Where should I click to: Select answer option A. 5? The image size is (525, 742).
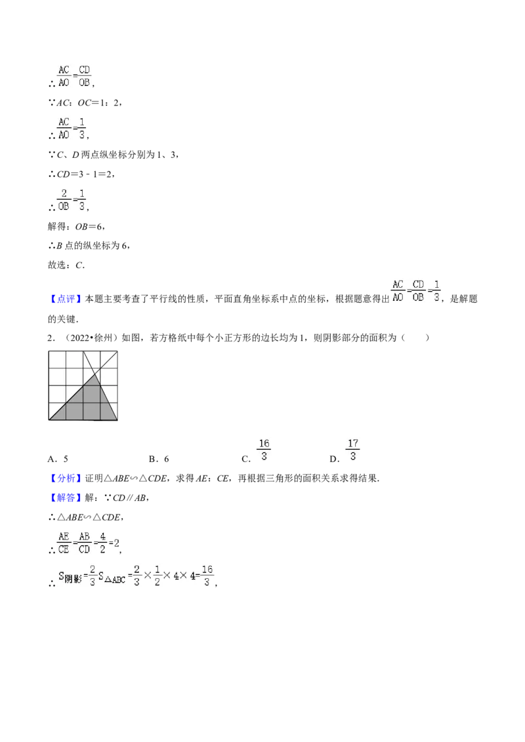pyautogui.click(x=58, y=459)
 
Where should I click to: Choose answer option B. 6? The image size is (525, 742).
pyautogui.click(x=159, y=459)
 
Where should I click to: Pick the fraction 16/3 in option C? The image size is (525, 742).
pyautogui.click(x=264, y=450)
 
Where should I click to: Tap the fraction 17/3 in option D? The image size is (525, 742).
pyautogui.click(x=352, y=450)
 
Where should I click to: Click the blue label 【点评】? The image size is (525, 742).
pyautogui.click(x=66, y=299)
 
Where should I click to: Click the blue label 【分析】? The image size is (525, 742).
pyautogui.click(x=66, y=478)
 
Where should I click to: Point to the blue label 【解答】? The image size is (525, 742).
pyautogui.click(x=66, y=498)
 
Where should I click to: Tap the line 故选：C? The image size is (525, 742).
pyautogui.click(x=66, y=265)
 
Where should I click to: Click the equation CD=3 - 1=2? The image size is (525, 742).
pyautogui.click(x=82, y=174)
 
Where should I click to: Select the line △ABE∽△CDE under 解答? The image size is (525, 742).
pyautogui.click(x=86, y=517)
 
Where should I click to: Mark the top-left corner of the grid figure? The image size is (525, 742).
pyautogui.click(x=49, y=351)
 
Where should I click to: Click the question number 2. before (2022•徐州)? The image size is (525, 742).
pyautogui.click(x=52, y=338)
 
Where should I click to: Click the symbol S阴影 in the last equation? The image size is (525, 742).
pyautogui.click(x=70, y=577)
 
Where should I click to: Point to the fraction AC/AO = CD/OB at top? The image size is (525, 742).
pyautogui.click(x=74, y=76)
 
